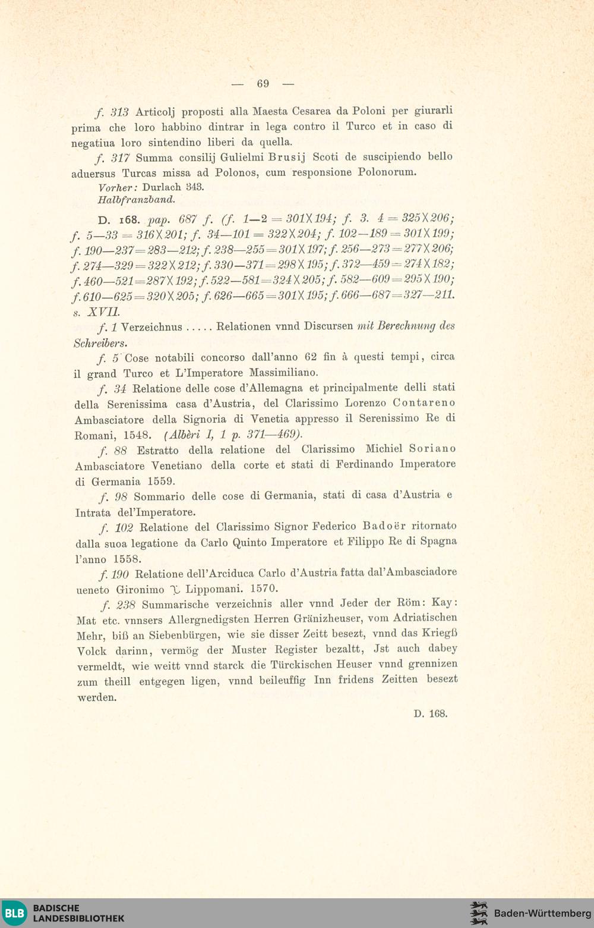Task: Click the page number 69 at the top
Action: click(263, 84)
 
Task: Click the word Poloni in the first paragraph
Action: click(369, 111)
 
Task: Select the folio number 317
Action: click(120, 158)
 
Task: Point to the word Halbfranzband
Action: click(136, 200)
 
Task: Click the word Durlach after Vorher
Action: click(162, 187)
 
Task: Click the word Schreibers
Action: click(100, 343)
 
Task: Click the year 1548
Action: click(137, 435)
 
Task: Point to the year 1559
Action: click(161, 482)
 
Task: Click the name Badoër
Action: click(384, 526)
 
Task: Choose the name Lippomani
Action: click(214, 589)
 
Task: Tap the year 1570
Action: click(264, 589)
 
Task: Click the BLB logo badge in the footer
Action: click(15, 913)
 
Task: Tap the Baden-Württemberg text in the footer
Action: click(542, 913)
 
